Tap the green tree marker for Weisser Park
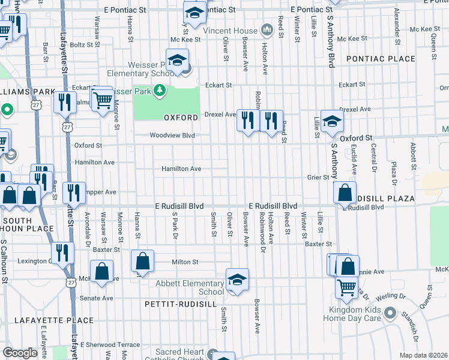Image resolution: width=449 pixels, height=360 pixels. tap(160, 91)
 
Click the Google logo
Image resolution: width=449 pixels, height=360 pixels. tap(20, 353)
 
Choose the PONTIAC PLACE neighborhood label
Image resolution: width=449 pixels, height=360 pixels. tap(380, 59)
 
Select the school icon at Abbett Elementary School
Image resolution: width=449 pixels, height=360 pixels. tap(237, 280)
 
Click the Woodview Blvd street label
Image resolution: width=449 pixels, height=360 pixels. tap(172, 136)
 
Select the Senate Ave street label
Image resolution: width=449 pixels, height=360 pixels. tap(97, 298)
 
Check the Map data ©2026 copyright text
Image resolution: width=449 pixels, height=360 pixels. tap(424, 355)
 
